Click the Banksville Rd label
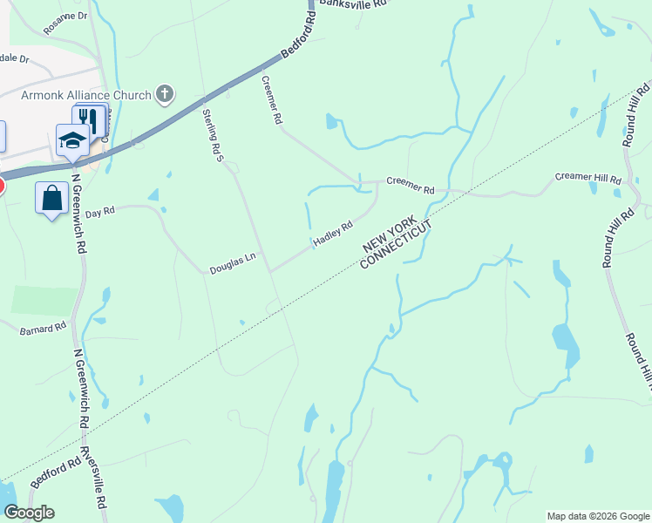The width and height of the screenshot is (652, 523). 352,4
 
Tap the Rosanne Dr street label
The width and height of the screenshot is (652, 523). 66,16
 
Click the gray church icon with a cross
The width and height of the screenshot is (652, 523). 165,94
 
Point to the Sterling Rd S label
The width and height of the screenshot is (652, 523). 213,135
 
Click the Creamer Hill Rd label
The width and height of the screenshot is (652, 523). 588,178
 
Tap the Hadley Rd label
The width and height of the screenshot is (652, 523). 333,233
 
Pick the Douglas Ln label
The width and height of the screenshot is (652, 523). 233,263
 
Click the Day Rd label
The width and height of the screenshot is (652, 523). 100,212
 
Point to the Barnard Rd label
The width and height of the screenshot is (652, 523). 44,329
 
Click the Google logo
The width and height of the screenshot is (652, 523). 29,513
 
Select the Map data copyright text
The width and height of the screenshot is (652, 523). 597,516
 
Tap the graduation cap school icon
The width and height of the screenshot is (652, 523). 71,139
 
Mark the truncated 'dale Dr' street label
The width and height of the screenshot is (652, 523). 15,59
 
